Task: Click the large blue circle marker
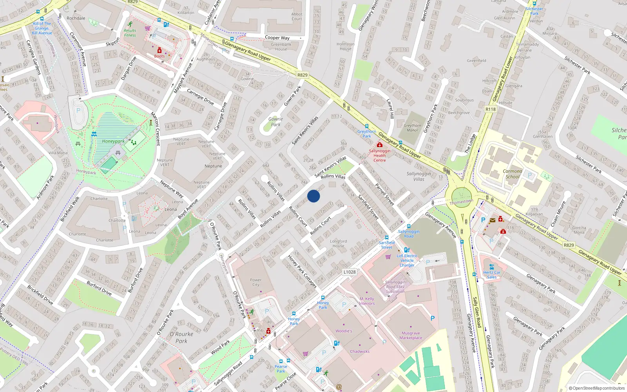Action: point(313,196)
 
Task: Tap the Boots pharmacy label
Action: point(159,56)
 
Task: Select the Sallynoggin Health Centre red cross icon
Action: point(379,145)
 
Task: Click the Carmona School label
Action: point(512,174)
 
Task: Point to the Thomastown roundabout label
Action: point(461,202)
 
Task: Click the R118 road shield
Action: point(490,109)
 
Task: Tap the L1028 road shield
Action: point(349,272)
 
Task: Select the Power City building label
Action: point(256,282)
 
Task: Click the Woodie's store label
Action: point(344,331)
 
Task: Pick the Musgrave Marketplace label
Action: point(411,336)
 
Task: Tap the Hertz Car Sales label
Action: point(492,274)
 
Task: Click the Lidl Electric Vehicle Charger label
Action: point(407,260)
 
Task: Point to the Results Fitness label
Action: point(130,33)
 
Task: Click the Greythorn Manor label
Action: point(412,128)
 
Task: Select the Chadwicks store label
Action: point(360,351)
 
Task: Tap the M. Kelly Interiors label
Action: point(367,301)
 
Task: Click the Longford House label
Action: point(338,243)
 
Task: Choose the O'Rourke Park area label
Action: point(181,337)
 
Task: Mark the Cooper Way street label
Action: point(277,38)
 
